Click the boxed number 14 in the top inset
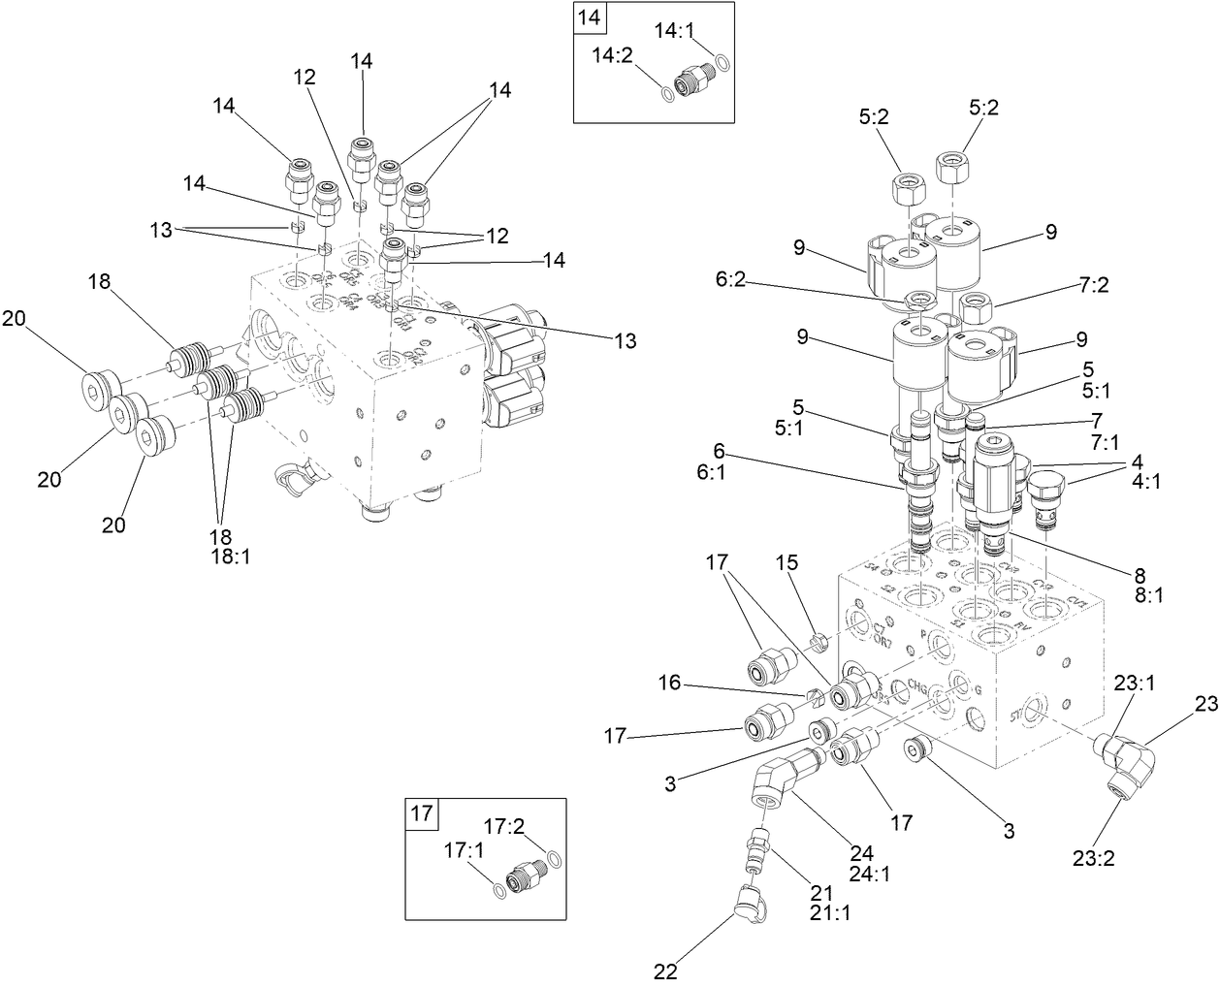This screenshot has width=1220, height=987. [x=589, y=16]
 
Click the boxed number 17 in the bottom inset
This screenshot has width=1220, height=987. [x=421, y=813]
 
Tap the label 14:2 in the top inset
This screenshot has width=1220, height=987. [x=612, y=55]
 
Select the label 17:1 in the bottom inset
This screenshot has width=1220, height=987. [x=464, y=850]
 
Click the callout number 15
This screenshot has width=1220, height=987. [x=787, y=589]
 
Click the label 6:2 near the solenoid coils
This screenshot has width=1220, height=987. [x=731, y=278]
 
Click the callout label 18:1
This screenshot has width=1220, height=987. [x=230, y=557]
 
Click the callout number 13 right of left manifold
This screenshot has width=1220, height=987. [x=626, y=340]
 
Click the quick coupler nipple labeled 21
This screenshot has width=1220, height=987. [x=756, y=849]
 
